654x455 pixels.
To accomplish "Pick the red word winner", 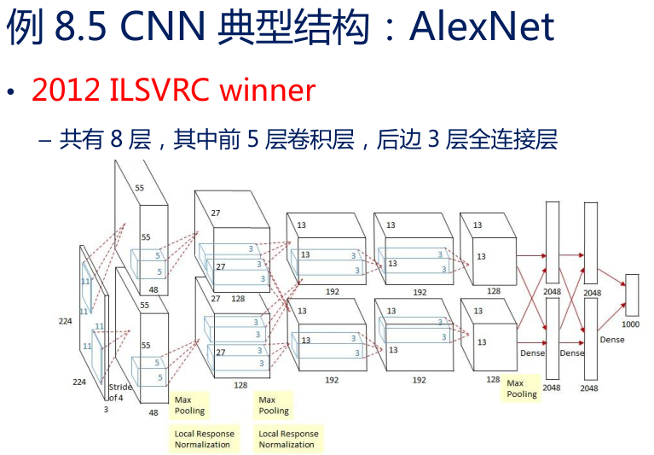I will (x=269, y=90).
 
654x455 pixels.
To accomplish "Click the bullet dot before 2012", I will (x=10, y=92).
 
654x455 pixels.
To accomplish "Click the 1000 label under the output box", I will (x=631, y=324).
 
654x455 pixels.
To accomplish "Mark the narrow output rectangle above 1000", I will (x=631, y=295).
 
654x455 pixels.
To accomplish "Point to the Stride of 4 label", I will (x=119, y=393).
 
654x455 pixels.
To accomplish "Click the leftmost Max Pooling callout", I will (x=189, y=405).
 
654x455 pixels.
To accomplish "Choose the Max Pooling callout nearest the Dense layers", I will (x=522, y=388).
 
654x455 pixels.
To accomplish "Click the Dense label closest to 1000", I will (x=612, y=340).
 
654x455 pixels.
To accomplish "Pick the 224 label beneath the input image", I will (x=79, y=382).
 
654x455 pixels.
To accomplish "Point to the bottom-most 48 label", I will (x=153, y=412).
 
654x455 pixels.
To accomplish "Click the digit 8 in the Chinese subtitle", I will (x=118, y=139).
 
